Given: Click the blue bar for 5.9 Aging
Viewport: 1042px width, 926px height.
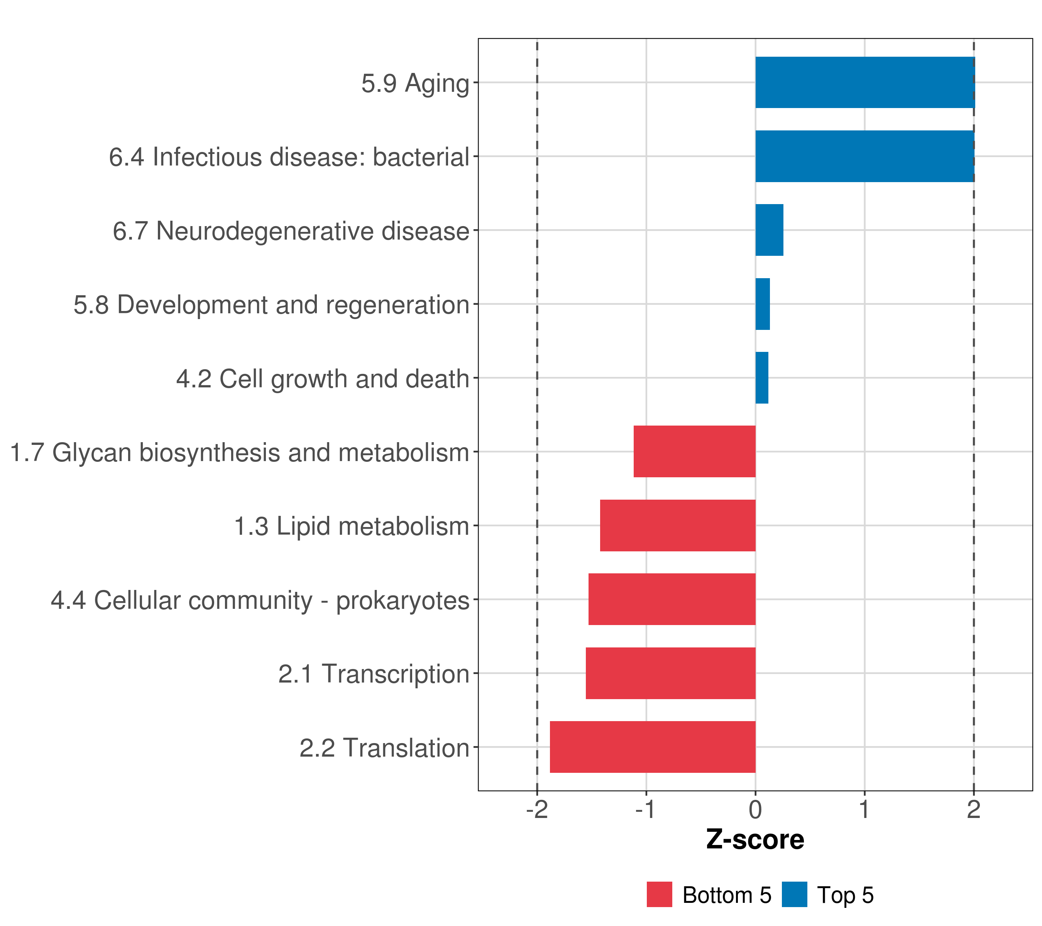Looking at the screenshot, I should [864, 83].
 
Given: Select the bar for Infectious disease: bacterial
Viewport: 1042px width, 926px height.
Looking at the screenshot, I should [864, 157].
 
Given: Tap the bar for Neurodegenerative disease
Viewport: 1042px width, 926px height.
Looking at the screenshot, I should [769, 230].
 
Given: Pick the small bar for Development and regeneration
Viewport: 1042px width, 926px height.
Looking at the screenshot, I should [763, 304].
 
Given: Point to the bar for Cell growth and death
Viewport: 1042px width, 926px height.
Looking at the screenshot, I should [761, 378].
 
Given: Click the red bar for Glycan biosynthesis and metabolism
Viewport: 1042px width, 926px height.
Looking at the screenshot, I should [694, 451].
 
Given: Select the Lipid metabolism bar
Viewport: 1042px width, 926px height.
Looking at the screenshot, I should [678, 526].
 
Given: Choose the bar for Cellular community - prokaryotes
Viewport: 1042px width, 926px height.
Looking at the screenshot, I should [672, 599].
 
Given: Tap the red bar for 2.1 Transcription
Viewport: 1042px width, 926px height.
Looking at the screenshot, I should [670, 673].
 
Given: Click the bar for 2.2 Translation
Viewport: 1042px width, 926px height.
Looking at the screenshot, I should [653, 747].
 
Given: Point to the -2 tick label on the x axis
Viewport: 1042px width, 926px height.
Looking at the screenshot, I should [537, 810].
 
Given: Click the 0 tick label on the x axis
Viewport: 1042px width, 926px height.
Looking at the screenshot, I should [756, 810].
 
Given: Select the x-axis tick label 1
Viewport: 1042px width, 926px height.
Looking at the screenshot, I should [864, 810].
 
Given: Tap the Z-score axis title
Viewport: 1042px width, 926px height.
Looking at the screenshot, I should [755, 840].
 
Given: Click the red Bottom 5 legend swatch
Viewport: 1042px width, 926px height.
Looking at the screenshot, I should [659, 895].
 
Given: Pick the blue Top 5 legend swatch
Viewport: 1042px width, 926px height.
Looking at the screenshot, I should [794, 895].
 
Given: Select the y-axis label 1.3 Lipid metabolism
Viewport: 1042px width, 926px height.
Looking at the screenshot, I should [351, 526].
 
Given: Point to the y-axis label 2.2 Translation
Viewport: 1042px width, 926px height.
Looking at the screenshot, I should [384, 748].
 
